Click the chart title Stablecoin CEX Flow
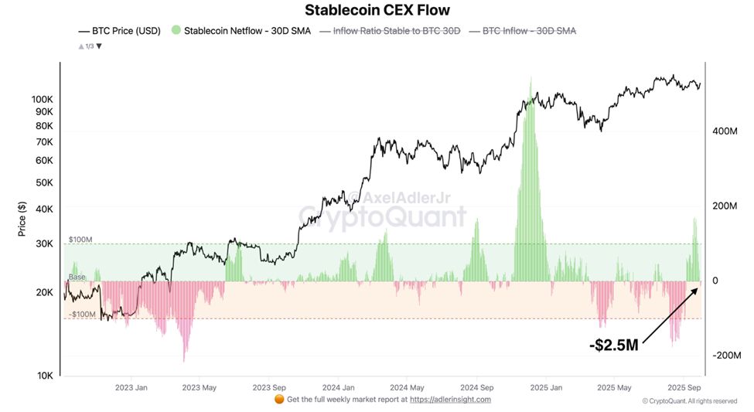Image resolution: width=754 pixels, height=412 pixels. (x=377, y=10)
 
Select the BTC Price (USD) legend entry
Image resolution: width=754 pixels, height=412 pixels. (x=120, y=31)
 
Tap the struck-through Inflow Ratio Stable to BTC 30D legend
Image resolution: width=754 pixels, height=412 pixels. (x=396, y=31)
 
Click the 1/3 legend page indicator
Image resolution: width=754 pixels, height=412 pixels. (x=90, y=46)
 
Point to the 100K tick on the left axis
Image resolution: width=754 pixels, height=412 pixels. (x=42, y=100)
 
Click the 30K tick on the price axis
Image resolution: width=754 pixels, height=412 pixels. (x=44, y=243)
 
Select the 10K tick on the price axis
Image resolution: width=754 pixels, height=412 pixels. (x=44, y=376)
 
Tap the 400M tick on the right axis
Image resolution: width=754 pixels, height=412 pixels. (x=725, y=131)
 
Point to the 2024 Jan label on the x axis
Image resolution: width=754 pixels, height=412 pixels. (x=338, y=386)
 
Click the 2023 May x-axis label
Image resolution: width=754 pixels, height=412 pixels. (x=200, y=386)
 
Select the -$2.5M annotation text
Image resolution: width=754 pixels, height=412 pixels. (x=613, y=346)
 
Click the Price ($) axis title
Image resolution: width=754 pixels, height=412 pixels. (x=22, y=218)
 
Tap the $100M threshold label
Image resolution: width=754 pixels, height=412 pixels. (x=81, y=240)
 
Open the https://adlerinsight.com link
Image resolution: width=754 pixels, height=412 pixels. (x=450, y=400)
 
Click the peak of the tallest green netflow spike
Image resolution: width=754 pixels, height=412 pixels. (x=531, y=77)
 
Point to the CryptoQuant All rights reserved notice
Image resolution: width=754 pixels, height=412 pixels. (x=689, y=401)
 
